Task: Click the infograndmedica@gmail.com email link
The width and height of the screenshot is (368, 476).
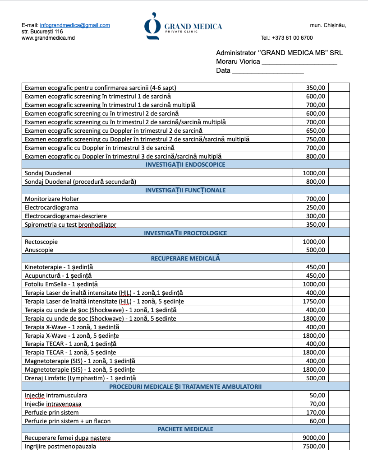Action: (x=75, y=25)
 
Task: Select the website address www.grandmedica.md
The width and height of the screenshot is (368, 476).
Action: (x=48, y=38)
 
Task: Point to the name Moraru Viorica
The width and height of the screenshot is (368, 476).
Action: (x=238, y=61)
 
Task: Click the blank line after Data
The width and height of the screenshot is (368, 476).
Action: (x=268, y=70)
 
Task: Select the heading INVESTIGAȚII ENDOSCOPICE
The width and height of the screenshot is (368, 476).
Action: (x=185, y=164)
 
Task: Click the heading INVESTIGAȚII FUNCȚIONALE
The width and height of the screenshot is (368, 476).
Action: (x=185, y=190)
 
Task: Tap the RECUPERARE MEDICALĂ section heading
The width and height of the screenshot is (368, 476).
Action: (x=185, y=259)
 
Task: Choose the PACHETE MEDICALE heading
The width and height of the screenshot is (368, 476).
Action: (x=185, y=429)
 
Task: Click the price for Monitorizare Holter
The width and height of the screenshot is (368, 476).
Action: (x=315, y=199)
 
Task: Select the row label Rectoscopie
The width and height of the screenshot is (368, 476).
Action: (x=41, y=242)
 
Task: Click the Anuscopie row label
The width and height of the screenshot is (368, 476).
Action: (x=39, y=250)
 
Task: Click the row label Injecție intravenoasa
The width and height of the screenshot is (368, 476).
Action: (x=53, y=404)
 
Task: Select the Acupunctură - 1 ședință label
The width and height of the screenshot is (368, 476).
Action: (x=58, y=276)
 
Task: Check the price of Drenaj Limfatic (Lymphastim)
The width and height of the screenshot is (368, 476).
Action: (x=315, y=378)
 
